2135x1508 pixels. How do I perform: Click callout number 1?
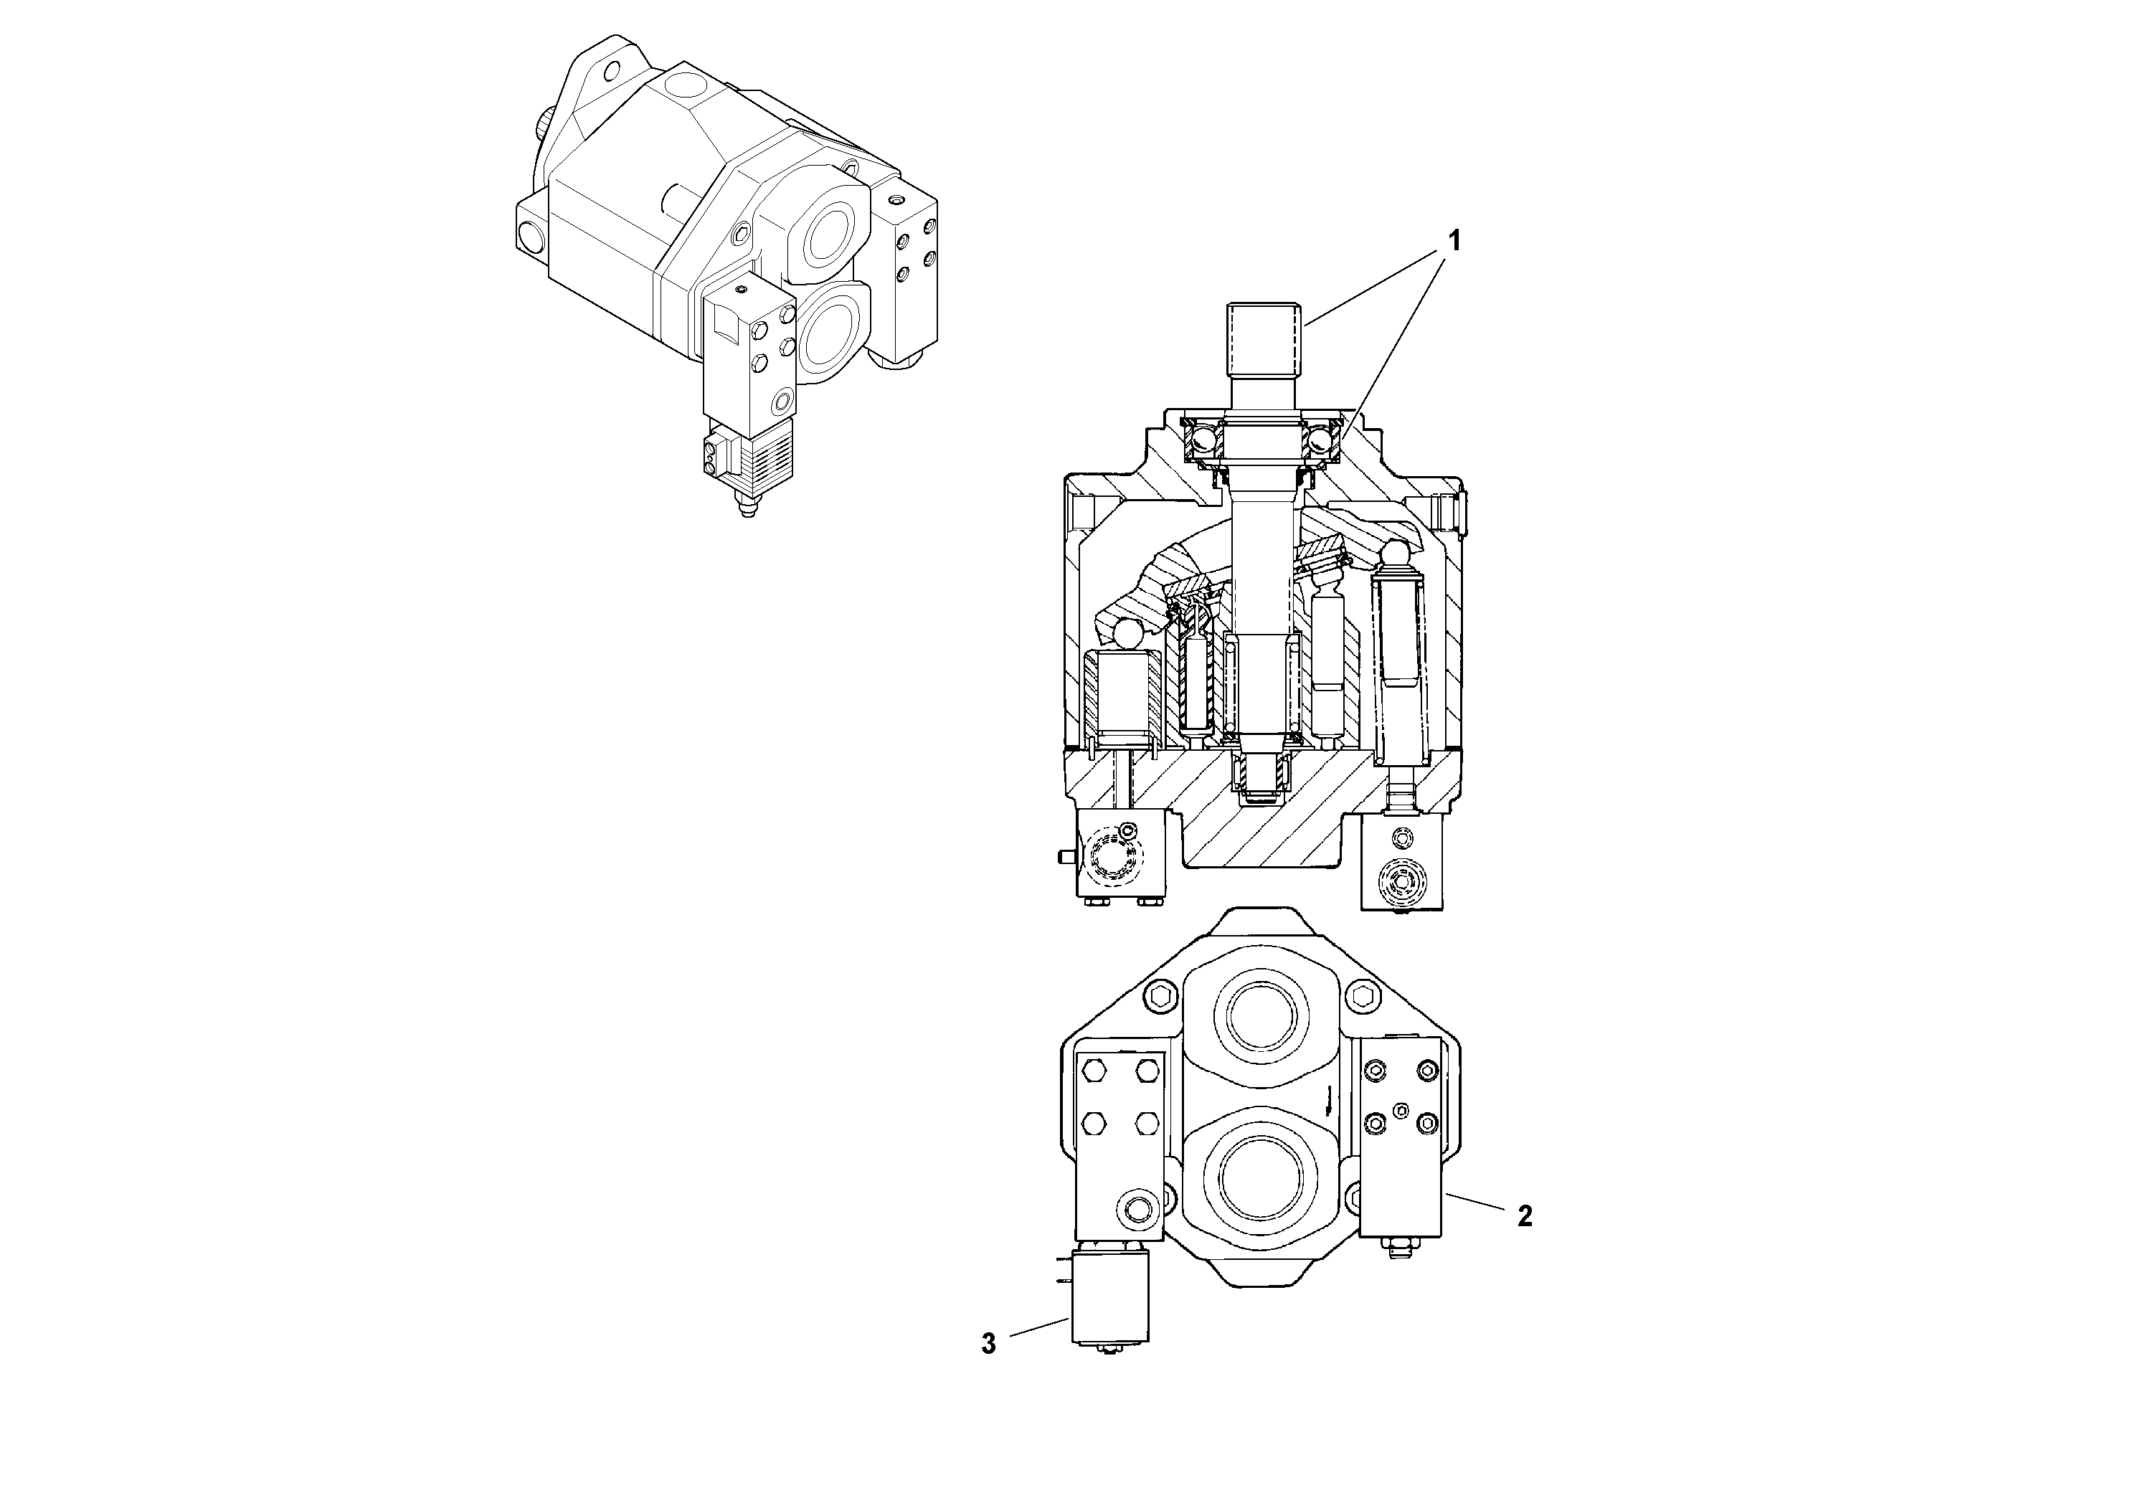(1454, 242)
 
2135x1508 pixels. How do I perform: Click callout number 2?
(1524, 1216)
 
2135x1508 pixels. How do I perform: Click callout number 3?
(988, 1345)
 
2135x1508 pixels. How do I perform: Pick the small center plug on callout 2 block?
(1402, 1106)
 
